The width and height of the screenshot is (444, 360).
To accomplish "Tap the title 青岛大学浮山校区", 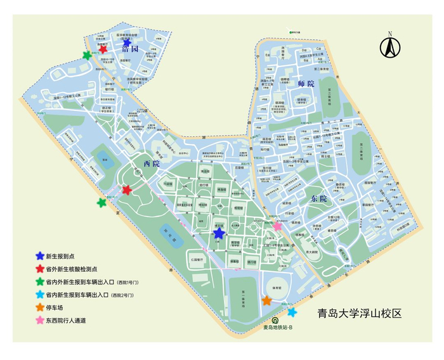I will [x=360, y=314].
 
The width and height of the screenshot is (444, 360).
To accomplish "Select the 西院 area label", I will [x=152, y=164].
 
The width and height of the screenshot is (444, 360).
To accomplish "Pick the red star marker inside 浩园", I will [x=103, y=49].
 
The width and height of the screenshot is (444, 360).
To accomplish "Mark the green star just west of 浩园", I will [x=87, y=56].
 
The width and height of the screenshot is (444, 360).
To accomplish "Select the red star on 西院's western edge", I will [x=127, y=190].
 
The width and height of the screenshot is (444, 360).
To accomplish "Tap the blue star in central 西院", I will [x=219, y=233].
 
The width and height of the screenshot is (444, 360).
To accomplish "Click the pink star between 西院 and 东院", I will [x=277, y=226].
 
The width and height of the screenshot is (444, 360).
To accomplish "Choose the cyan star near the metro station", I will [x=292, y=312].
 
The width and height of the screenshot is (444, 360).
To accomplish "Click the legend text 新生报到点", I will [x=60, y=257].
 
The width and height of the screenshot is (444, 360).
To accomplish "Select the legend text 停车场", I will [x=56, y=308].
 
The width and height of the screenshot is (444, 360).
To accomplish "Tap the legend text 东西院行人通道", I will [x=66, y=321].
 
